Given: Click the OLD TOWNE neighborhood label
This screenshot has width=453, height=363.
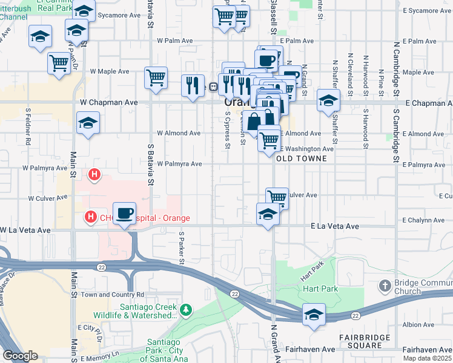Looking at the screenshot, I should click(301, 159).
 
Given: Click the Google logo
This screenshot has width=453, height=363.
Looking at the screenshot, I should click(20, 356).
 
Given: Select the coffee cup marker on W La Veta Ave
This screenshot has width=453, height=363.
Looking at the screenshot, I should click(125, 213).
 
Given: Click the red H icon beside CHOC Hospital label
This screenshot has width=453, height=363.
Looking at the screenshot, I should click(90, 216).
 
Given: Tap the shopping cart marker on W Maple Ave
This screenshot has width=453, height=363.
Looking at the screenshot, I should click(156, 77).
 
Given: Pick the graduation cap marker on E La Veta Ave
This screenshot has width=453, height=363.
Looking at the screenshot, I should click(268, 214).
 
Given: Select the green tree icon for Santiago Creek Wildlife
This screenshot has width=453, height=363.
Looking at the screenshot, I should click(187, 310).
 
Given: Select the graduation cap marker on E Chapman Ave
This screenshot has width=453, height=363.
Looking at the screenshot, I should click(328, 100).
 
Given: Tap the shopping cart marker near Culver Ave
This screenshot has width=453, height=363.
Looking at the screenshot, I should click(277, 197).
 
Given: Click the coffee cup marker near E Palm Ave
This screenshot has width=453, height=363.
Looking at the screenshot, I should click(266, 59).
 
